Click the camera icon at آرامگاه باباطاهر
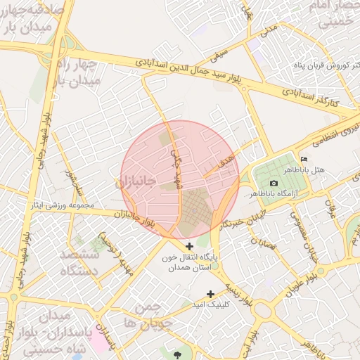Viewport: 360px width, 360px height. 274,183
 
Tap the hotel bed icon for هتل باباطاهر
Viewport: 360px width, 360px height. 304,160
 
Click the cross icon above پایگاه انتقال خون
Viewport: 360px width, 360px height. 189,246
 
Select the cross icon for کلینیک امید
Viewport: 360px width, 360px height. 210,294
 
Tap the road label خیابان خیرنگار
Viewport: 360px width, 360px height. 243,214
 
